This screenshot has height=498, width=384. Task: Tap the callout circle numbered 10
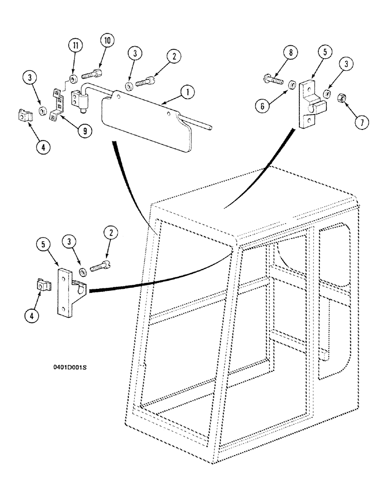(107, 41)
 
